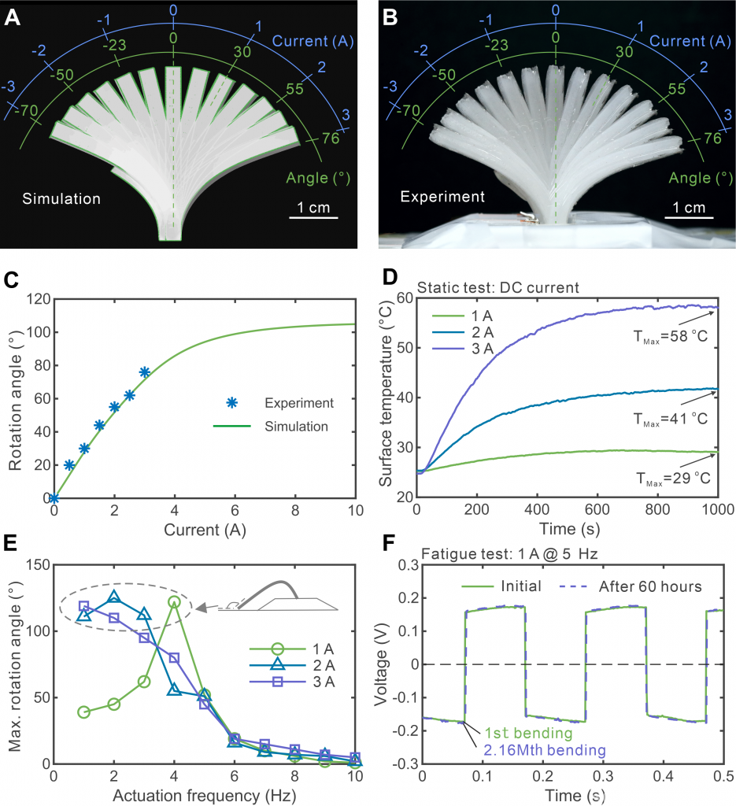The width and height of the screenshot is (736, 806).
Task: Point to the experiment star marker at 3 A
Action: pyautogui.click(x=144, y=372)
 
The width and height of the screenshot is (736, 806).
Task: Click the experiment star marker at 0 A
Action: pyautogui.click(x=54, y=497)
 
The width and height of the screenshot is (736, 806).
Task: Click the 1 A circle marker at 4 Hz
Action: pyautogui.click(x=174, y=602)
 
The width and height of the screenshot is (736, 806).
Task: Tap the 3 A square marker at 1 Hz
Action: pyautogui.click(x=84, y=607)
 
